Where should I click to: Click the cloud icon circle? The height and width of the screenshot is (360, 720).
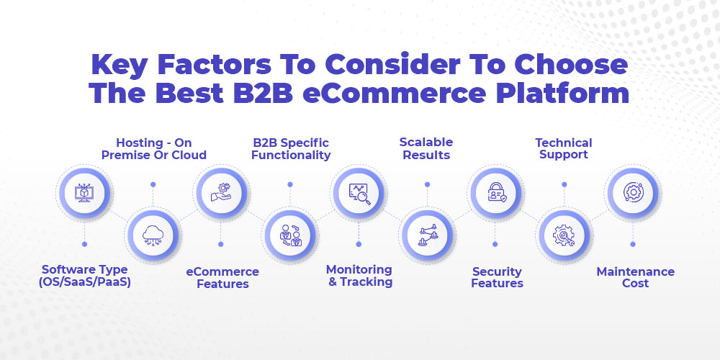pyautogui.click(x=153, y=236)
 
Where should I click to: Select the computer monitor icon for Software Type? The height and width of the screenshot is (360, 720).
pyautogui.click(x=84, y=192)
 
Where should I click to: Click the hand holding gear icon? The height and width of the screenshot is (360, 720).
pyautogui.click(x=221, y=192)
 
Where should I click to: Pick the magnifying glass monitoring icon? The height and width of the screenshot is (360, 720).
pyautogui.click(x=359, y=192)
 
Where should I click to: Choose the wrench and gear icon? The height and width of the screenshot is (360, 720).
pyautogui.click(x=564, y=236)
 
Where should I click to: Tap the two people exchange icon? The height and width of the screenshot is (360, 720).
pyautogui.click(x=290, y=236)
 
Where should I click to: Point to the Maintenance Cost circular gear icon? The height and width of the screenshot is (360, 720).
pyautogui.click(x=633, y=192)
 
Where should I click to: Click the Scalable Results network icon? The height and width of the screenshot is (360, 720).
pyautogui.click(x=427, y=236)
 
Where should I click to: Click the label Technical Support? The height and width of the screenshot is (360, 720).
pyautogui.click(x=564, y=149)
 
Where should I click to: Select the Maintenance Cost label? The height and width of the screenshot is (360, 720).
pyautogui.click(x=635, y=277)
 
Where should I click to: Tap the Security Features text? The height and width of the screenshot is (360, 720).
pyautogui.click(x=497, y=277)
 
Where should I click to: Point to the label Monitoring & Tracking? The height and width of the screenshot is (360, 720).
pyautogui.click(x=359, y=276)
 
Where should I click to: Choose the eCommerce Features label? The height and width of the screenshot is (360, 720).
pyautogui.click(x=222, y=277)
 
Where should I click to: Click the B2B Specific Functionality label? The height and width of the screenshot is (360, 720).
pyautogui.click(x=291, y=149)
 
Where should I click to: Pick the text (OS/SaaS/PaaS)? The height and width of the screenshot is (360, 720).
pyautogui.click(x=84, y=282)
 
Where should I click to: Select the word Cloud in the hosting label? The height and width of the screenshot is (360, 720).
pyautogui.click(x=189, y=156)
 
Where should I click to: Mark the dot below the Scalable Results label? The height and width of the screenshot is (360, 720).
pyautogui.click(x=427, y=184)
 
